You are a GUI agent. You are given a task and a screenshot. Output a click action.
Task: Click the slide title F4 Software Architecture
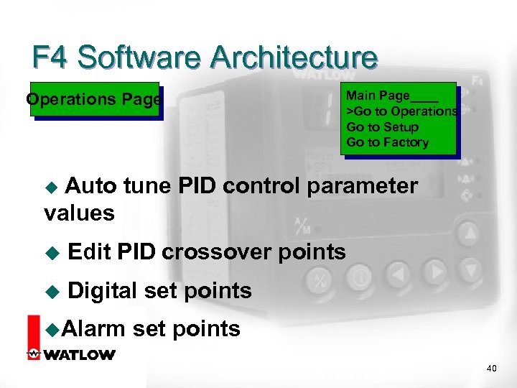tap(205, 57)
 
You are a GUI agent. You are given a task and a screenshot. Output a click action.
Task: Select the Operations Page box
tap(94, 100)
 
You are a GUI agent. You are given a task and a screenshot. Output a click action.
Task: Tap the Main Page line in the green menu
tap(391, 96)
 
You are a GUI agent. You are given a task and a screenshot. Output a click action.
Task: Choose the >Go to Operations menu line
tap(401, 111)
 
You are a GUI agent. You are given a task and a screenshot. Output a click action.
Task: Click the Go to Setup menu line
tap(382, 127)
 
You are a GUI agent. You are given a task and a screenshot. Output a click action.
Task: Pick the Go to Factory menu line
tap(387, 142)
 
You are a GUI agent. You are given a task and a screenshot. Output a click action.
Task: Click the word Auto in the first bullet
tap(91, 187)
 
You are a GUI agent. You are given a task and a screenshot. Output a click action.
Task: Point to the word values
tap(79, 213)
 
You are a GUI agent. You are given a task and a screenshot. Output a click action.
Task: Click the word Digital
tap(102, 291)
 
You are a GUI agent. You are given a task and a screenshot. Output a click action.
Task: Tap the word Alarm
tap(93, 329)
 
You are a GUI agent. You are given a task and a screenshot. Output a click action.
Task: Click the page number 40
tap(491, 369)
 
